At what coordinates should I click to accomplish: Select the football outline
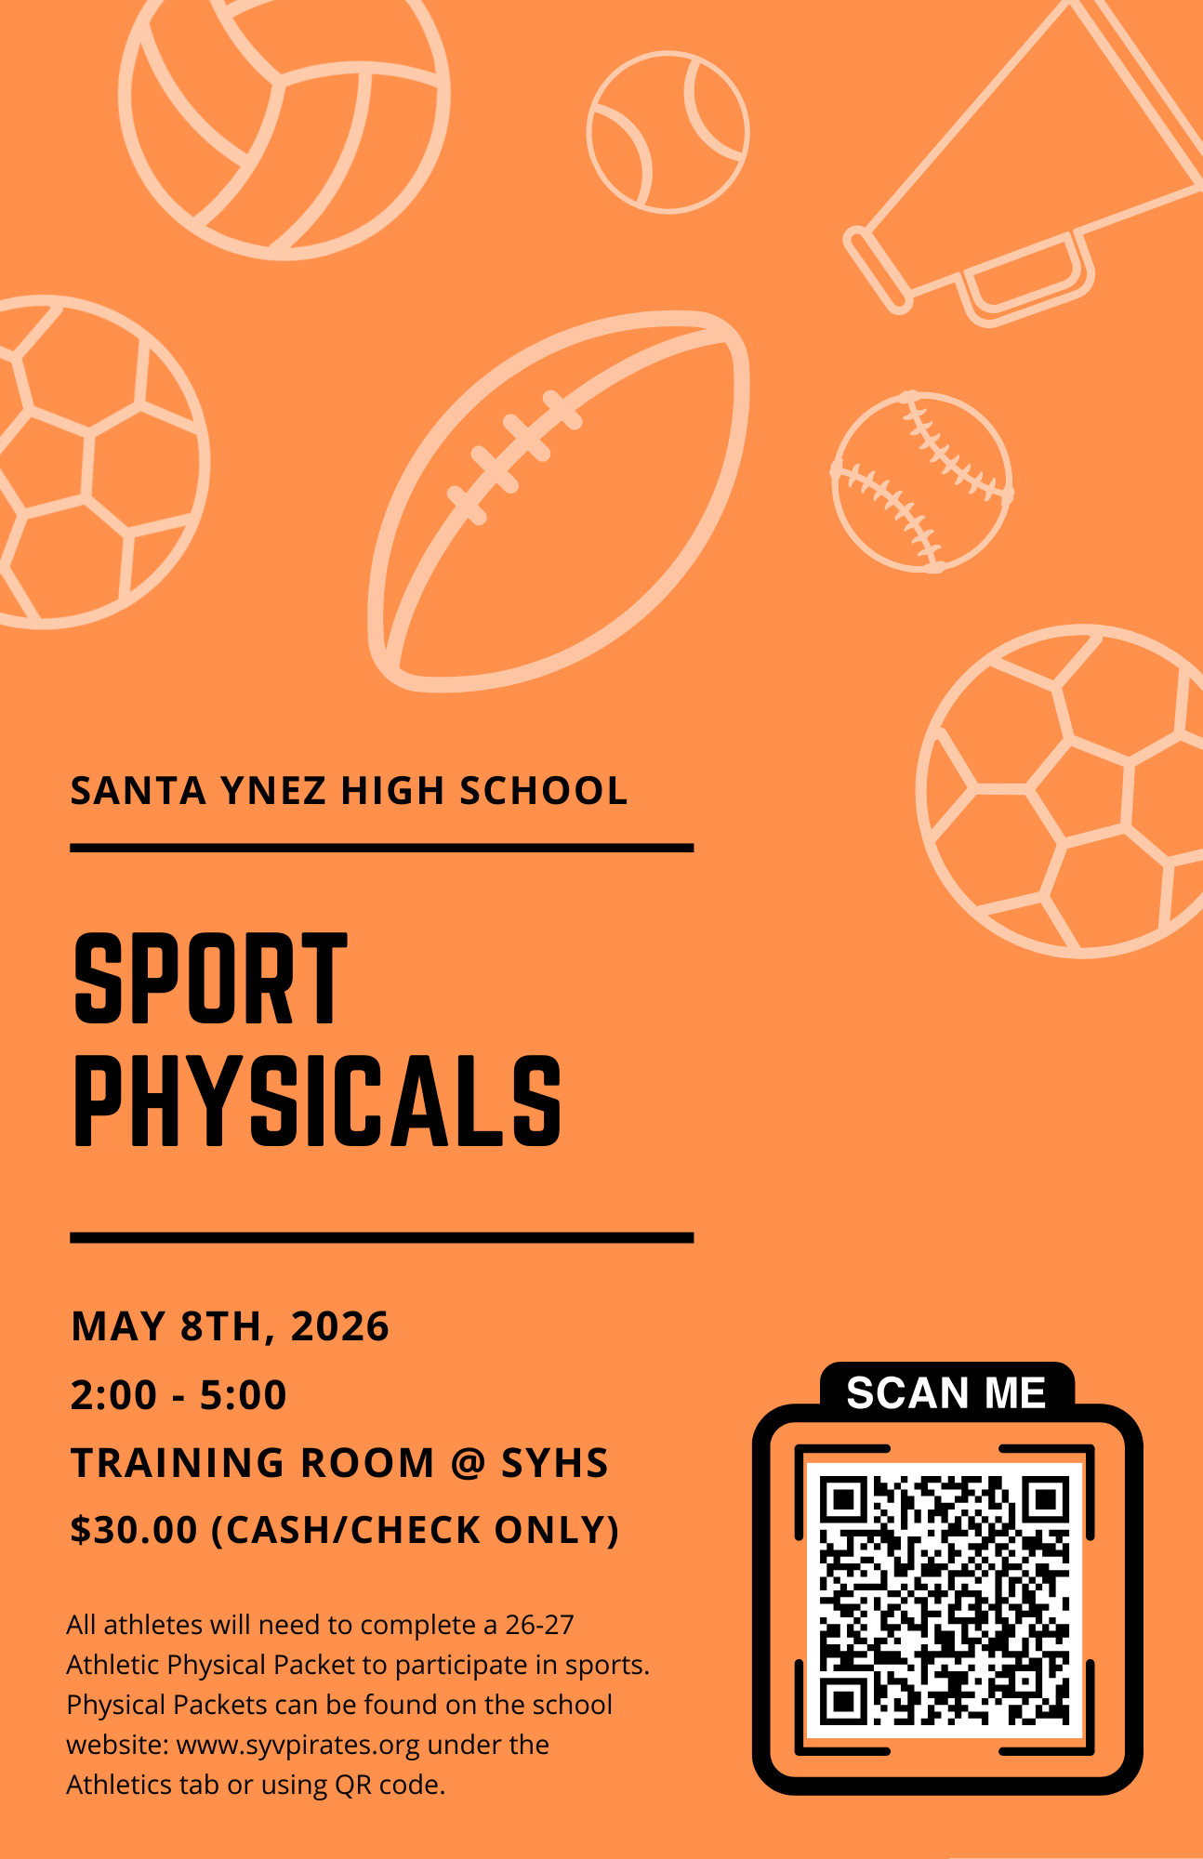point(559,502)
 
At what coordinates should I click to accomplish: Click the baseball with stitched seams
point(921,481)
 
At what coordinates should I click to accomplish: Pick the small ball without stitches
point(668,132)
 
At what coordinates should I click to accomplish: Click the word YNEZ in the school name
point(274,791)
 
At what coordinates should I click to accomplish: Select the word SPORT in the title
point(210,979)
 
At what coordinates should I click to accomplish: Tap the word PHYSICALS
point(317,1101)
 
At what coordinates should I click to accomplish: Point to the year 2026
point(340,1326)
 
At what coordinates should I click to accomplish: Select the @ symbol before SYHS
point(468,1463)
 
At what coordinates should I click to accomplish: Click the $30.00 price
point(135,1530)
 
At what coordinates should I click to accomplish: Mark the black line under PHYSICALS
point(382,1238)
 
